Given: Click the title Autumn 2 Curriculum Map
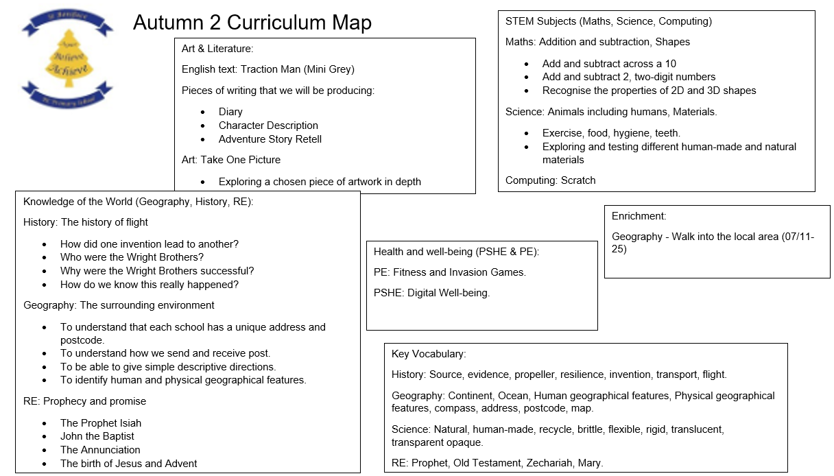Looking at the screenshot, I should pos(252,23).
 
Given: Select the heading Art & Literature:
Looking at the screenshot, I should pos(217,49).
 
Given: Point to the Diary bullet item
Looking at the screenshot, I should pos(230,112).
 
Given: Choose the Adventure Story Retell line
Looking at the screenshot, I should pos(270,139).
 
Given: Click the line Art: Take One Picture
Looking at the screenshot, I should pos(230,160).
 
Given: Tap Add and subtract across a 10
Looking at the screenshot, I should pos(609,64).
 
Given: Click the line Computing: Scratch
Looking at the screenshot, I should pos(550,180).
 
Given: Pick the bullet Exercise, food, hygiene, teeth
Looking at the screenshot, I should pos(611,133).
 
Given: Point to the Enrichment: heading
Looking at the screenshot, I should pos(639,216).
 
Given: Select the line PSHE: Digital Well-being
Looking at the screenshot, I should pos(431,293).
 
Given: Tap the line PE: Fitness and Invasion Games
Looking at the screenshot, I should pos(449,272).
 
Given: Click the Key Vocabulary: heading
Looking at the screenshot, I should pos(428,354).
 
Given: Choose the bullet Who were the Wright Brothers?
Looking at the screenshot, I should pos(132,257).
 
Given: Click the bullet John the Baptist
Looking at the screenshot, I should pos(97,436).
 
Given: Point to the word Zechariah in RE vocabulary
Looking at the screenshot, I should pos(551,463).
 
